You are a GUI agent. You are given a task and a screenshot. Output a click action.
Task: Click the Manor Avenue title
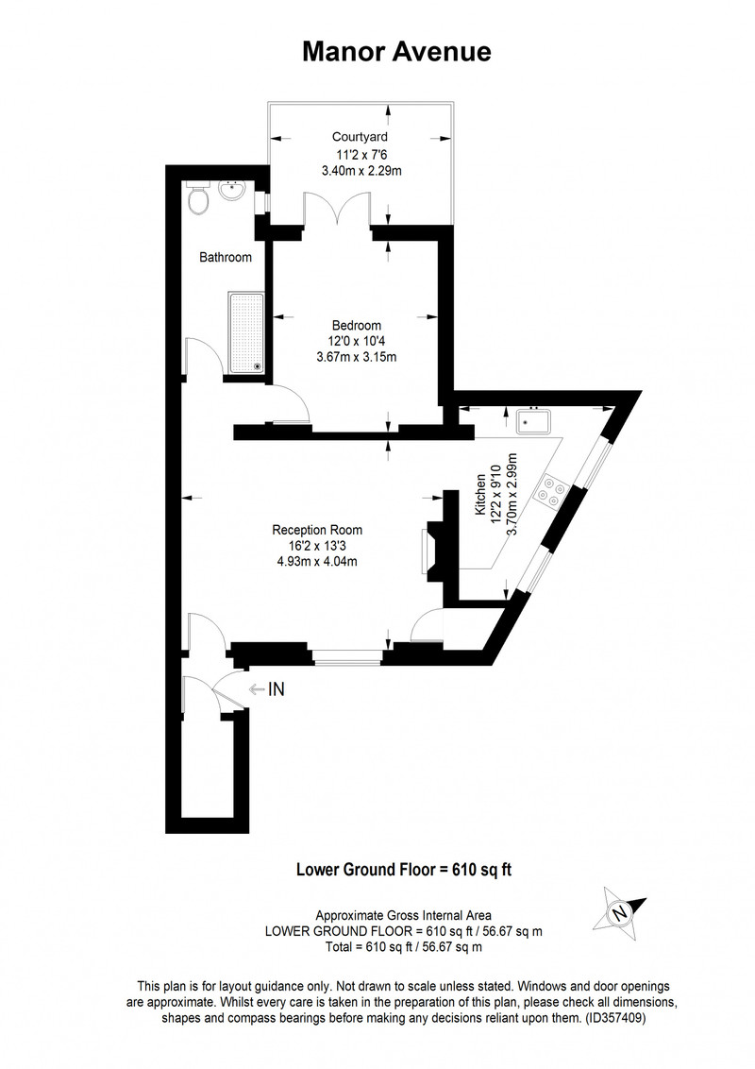(396, 52)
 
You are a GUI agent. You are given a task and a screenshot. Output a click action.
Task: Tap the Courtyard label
(360, 137)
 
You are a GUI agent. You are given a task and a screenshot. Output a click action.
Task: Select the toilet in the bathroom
(198, 199)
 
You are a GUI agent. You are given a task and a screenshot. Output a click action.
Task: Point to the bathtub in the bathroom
(246, 333)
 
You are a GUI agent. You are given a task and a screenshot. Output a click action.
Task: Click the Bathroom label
(226, 257)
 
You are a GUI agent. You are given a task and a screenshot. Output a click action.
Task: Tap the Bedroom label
(357, 325)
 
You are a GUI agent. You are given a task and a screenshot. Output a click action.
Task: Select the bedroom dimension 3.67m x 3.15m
(357, 357)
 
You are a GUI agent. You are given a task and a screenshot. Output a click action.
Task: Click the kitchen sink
(533, 421)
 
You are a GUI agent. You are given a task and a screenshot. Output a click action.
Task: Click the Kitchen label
(481, 495)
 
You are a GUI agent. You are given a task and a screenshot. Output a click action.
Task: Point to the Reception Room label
(317, 530)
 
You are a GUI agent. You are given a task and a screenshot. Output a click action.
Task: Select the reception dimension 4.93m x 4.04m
(317, 562)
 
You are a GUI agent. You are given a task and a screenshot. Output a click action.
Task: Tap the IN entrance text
(276, 689)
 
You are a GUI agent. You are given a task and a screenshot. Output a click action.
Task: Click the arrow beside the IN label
(256, 689)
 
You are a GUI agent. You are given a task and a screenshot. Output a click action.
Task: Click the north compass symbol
(619, 911)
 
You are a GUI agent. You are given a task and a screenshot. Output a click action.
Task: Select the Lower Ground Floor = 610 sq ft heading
(404, 869)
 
